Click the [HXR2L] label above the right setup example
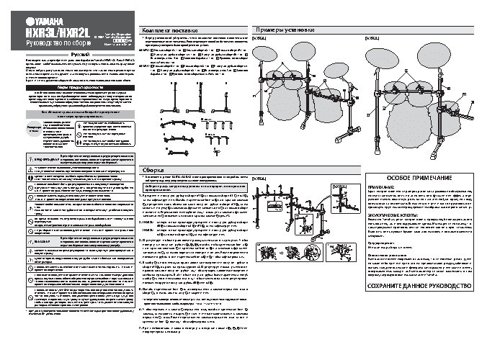[373, 37]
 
